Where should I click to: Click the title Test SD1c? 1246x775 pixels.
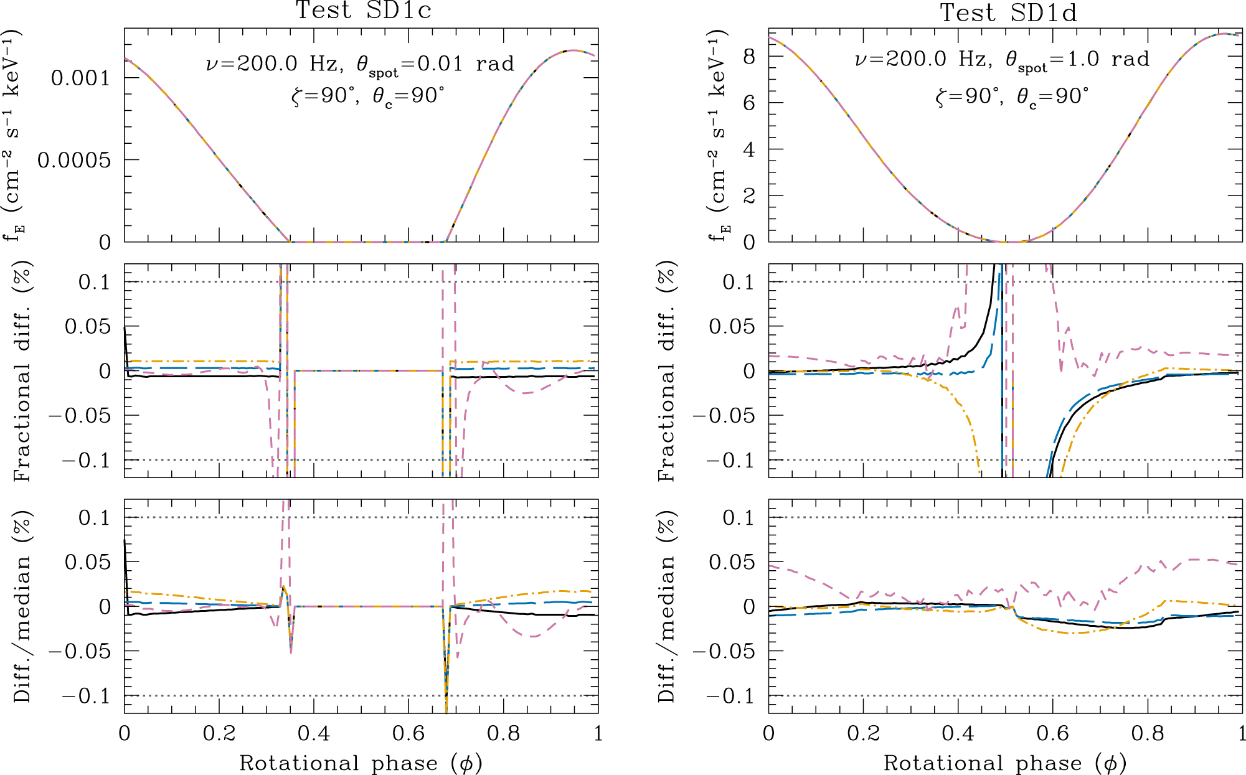pos(363,11)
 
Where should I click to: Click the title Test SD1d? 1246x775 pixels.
pos(1008,12)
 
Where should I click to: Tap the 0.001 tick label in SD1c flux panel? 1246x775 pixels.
pos(80,78)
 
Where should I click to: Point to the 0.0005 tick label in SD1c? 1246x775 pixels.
pos(73,160)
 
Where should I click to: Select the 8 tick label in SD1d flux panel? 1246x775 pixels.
pos(748,57)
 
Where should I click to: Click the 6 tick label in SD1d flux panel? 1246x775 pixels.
pos(748,103)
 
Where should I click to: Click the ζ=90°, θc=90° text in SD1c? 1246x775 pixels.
pos(368,96)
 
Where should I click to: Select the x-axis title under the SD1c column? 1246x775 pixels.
pos(361,763)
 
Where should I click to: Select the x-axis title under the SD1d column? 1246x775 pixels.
pos(1004,763)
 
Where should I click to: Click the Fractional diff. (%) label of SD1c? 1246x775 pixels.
pos(22,371)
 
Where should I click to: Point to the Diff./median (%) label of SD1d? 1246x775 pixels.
pos(666,606)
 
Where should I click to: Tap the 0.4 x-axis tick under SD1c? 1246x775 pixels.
pos(314,733)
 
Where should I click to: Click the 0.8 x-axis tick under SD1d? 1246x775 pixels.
pos(1148,733)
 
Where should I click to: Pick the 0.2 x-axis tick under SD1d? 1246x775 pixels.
pos(864,733)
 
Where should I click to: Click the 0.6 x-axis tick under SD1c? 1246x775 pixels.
pos(408,733)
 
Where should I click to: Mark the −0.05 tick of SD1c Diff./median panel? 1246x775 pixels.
pos(79,651)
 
